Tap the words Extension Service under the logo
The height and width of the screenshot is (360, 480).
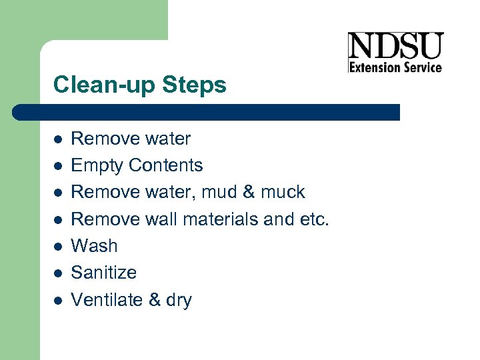tap(395, 67)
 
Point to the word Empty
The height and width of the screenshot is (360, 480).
tap(97, 165)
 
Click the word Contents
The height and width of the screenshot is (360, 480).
tap(166, 165)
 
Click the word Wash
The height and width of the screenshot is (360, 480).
tap(94, 245)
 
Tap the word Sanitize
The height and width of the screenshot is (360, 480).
tap(103, 272)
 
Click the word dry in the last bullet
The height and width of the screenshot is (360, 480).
tap(179, 300)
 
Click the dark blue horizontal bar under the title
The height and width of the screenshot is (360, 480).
tap(207, 111)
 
